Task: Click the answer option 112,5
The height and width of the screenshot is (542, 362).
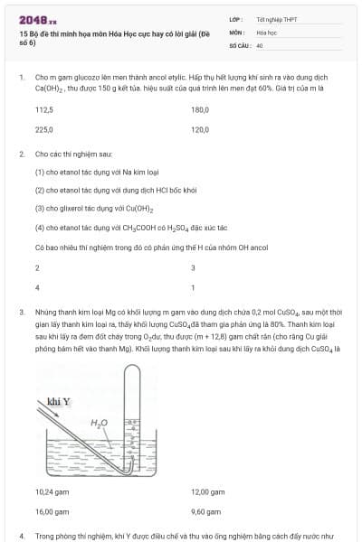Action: pyautogui.click(x=44, y=110)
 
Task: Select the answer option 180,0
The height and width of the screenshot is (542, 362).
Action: pyautogui.click(x=200, y=110)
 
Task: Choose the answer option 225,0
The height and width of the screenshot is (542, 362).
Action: pyautogui.click(x=44, y=130)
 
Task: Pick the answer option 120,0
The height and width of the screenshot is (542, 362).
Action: pyautogui.click(x=200, y=130)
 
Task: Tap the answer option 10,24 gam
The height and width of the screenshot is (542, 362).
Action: pyautogui.click(x=52, y=492)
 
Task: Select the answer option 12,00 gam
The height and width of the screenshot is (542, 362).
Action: pyautogui.click(x=208, y=492)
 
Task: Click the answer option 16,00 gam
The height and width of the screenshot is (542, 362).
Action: pyautogui.click(x=52, y=512)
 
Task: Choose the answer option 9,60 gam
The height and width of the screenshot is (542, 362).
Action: pyautogui.click(x=206, y=512)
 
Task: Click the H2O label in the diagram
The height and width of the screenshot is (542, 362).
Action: pyautogui.click(x=100, y=422)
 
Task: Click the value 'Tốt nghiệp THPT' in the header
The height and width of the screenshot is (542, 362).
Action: pyautogui.click(x=271, y=19)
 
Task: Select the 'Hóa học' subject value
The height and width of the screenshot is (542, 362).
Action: pyautogui.click(x=266, y=32)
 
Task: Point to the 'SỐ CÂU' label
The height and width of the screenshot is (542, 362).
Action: pyautogui.click(x=239, y=44)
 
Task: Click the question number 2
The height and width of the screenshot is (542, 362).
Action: pyautogui.click(x=21, y=154)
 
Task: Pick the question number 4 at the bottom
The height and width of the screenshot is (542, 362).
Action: pyautogui.click(x=21, y=537)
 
